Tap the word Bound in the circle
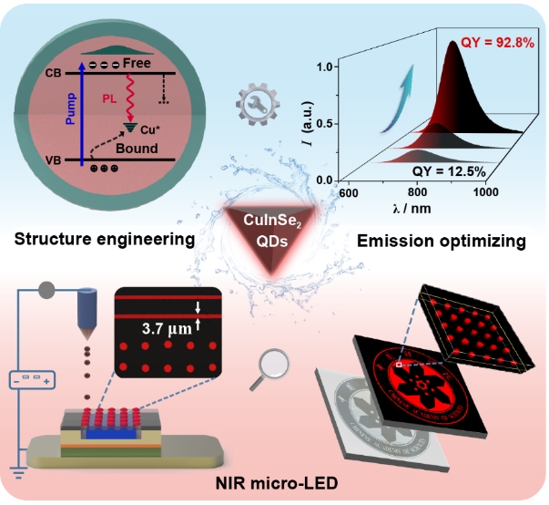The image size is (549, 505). [x=137, y=148]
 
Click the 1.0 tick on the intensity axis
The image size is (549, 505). [x=324, y=67]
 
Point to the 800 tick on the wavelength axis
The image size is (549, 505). [x=418, y=193]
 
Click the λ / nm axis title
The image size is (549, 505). [x=413, y=210]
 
